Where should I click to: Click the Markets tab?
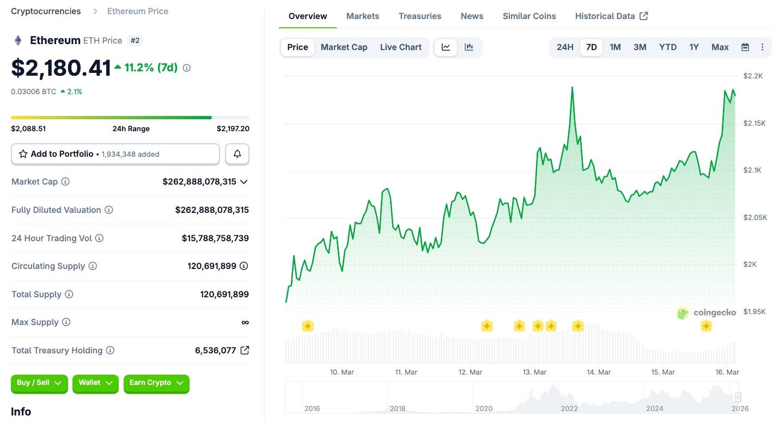tap(362, 16)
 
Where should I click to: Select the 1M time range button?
tap(615, 47)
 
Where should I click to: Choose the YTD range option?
tap(667, 47)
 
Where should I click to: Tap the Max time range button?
tap(720, 47)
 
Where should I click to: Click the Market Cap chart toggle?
tap(344, 47)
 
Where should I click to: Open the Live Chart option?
tap(400, 47)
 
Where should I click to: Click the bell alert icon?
tap(238, 154)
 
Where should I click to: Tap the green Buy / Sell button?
tap(39, 383)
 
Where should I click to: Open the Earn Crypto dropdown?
tap(156, 383)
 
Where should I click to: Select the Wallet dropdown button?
tap(96, 383)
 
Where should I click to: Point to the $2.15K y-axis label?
tap(754, 124)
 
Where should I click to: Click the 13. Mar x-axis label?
tap(534, 372)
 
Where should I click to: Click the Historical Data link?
tap(611, 16)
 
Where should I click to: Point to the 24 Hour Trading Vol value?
tap(215, 238)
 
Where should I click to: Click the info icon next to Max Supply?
tap(66, 322)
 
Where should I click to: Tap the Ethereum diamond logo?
tap(18, 40)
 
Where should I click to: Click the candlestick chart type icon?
tap(468, 47)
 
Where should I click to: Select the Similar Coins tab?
tap(529, 16)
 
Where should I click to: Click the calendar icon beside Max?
tap(745, 47)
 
